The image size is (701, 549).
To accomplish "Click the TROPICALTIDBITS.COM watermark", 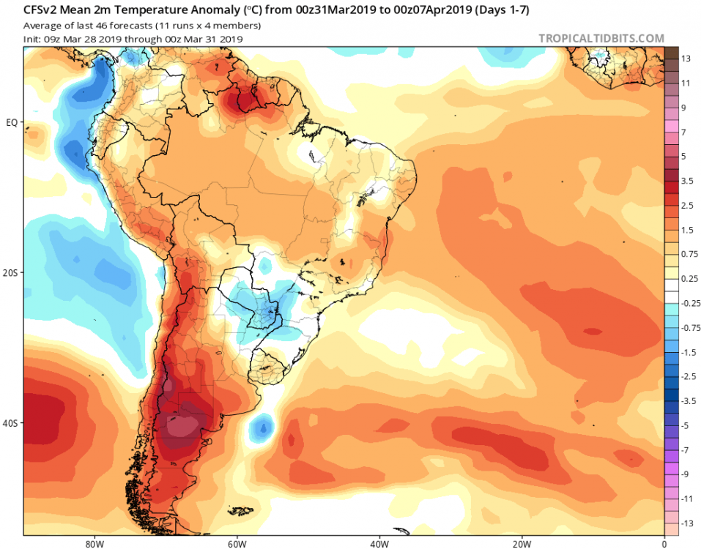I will coord(601,38).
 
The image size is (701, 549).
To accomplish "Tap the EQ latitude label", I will coord(12,122).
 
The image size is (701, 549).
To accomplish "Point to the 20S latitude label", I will coord(11,272).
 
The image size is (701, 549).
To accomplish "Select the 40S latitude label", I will coord(11,423).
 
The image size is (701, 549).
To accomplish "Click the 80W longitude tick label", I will coord(92,544).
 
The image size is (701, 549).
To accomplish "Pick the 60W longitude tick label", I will coord(235,544).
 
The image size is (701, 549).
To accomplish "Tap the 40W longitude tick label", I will coord(378,544).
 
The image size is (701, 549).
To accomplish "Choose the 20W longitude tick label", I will coord(521,544).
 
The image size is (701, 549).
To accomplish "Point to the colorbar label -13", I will coord(686,523).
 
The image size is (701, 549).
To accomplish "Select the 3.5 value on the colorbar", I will coord(686,180).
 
